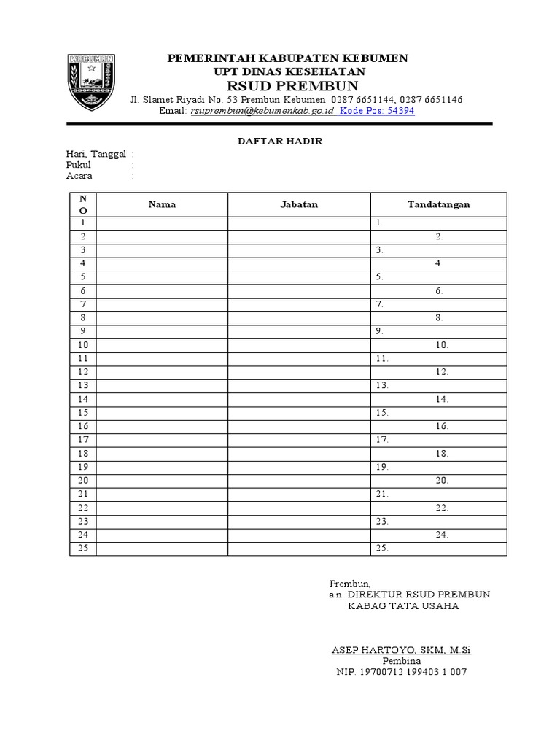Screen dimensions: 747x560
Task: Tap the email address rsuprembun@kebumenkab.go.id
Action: coord(262,111)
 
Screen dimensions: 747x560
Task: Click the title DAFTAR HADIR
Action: coord(281,142)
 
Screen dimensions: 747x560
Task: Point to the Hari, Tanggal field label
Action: coord(96,154)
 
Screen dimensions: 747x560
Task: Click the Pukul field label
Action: coord(78,165)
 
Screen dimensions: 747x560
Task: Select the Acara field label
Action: coord(79,176)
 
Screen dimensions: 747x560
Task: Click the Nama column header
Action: coord(162,204)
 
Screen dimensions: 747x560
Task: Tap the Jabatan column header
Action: coord(299,204)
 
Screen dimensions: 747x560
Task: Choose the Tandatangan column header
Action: coord(438,204)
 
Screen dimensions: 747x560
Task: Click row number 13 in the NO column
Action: coord(82,385)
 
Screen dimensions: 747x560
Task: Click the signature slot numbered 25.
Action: coord(382,549)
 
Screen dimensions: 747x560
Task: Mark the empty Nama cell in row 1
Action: coord(162,223)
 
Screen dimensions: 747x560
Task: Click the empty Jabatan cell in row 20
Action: coord(299,481)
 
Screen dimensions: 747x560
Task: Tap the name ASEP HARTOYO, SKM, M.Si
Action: coord(401,650)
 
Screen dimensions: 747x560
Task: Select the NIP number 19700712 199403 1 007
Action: coord(401,672)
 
